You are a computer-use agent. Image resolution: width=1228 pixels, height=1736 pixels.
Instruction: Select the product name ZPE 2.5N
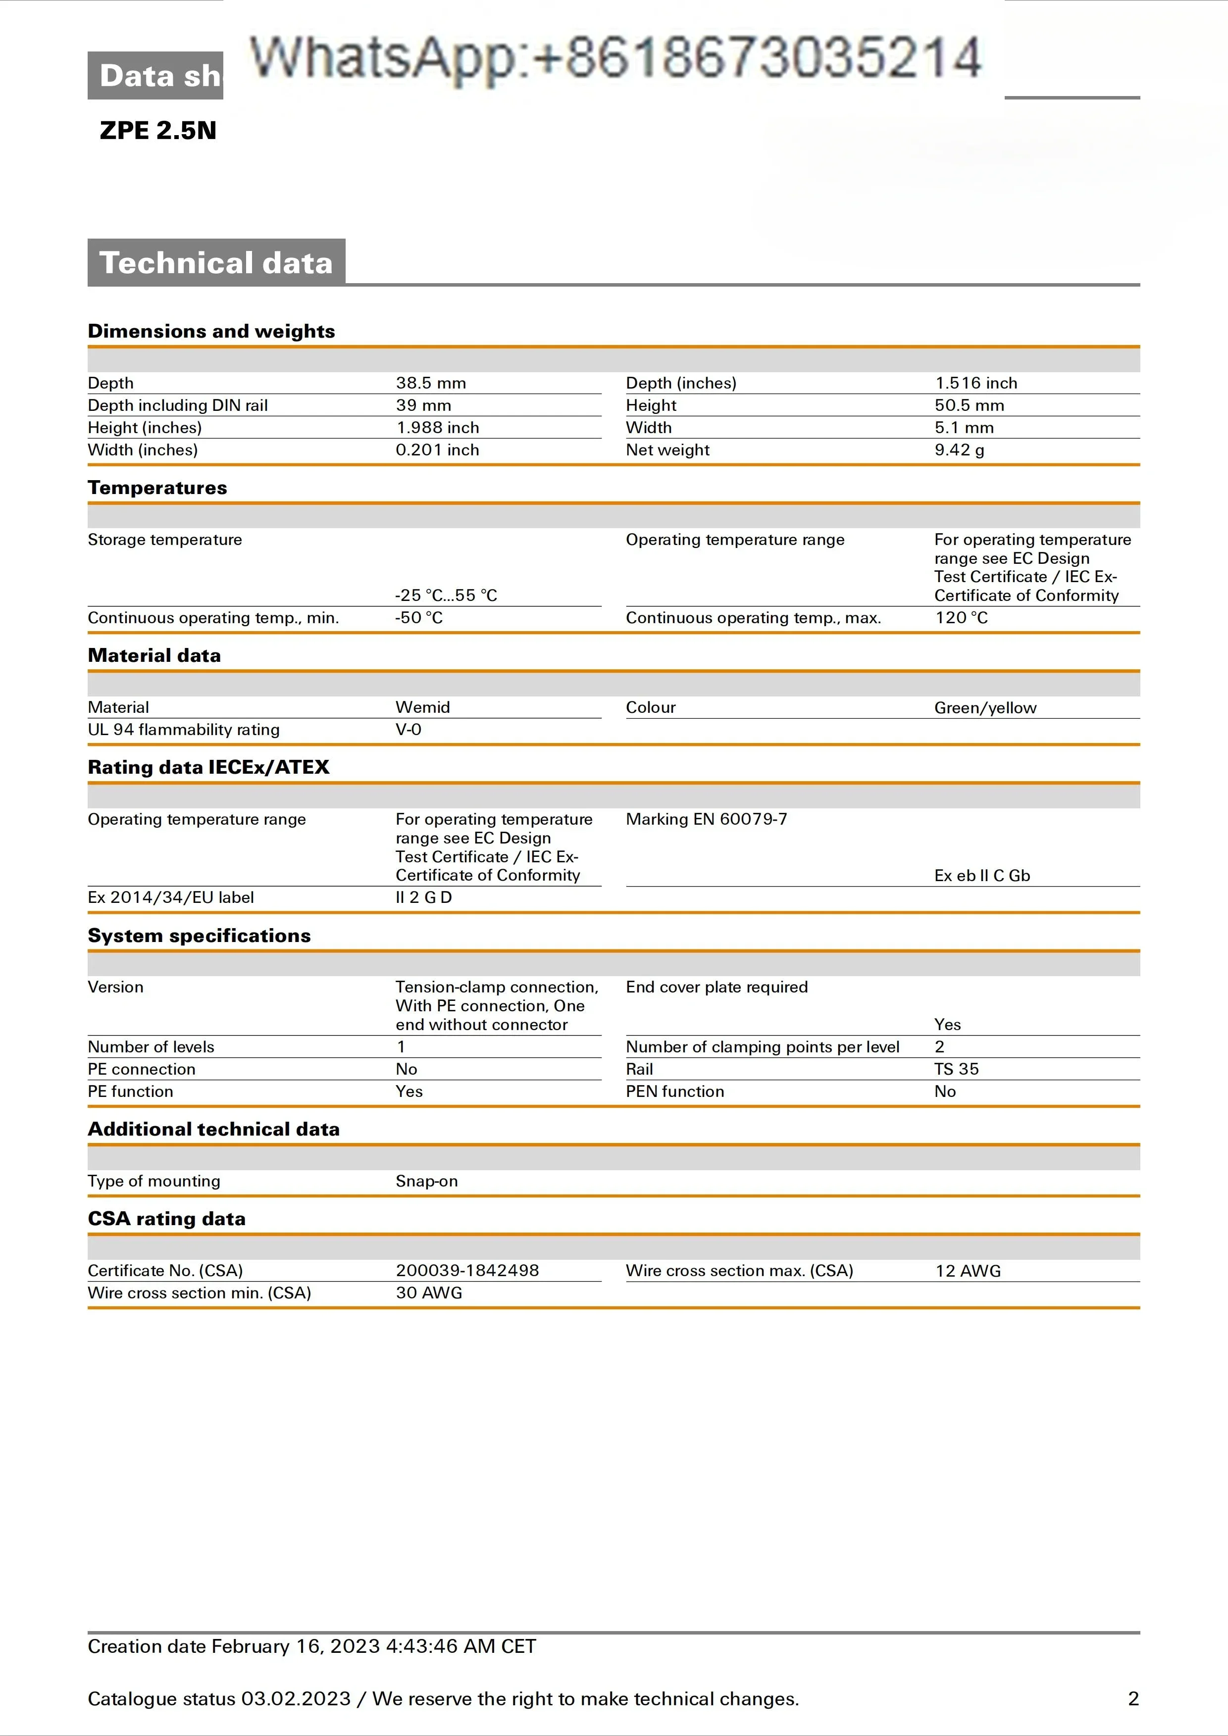click(x=158, y=130)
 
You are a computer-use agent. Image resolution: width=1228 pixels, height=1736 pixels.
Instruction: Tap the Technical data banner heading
click(x=216, y=262)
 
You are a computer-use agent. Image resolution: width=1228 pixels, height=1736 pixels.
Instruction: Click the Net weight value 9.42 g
click(x=959, y=450)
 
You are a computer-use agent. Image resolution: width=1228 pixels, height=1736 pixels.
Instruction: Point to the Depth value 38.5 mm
click(x=430, y=383)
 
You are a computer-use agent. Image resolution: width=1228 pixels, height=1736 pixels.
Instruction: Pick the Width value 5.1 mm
click(x=964, y=428)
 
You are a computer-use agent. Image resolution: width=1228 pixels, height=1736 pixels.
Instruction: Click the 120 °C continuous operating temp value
click(x=961, y=618)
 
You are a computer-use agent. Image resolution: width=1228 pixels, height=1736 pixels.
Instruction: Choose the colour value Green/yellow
click(x=984, y=708)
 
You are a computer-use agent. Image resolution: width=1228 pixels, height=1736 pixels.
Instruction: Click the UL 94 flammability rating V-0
click(x=409, y=730)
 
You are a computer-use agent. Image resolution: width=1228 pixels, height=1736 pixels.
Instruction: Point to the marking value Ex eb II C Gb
click(x=981, y=876)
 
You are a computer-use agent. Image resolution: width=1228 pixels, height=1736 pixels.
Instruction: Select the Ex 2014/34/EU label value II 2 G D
click(x=423, y=897)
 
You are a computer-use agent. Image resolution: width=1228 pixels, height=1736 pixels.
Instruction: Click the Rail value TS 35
click(x=956, y=1069)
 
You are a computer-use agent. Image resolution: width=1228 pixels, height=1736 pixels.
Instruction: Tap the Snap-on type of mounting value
click(x=426, y=1181)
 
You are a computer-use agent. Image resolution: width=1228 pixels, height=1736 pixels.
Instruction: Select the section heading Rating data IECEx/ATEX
click(x=208, y=767)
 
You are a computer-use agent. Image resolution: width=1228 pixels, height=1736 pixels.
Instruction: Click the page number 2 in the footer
click(x=1133, y=1699)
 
